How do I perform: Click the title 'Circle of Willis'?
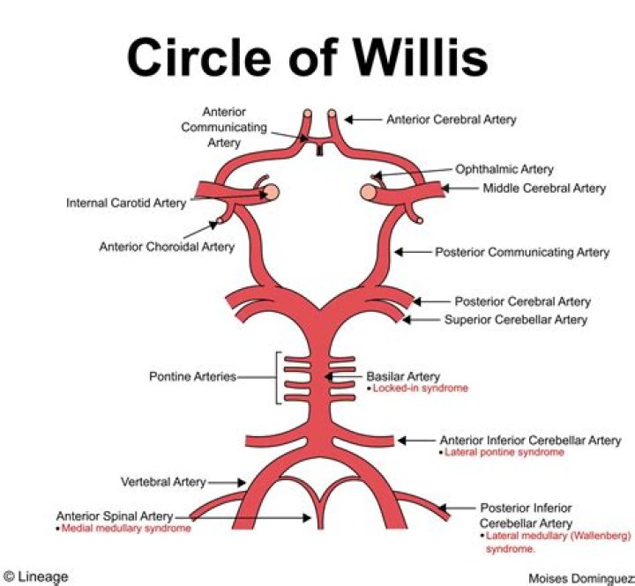point(306,57)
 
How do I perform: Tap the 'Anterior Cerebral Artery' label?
point(451,119)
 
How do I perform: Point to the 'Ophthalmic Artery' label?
point(504,169)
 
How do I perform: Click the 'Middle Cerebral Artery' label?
point(543,188)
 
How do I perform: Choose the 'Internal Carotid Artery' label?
point(126,203)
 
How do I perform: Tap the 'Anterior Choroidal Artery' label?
point(167,247)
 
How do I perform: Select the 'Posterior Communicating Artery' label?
point(521,252)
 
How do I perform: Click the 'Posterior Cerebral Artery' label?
point(522,301)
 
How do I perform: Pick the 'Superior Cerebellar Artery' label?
point(515,319)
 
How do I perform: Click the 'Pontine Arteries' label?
point(192,376)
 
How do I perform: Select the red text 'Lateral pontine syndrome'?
point(503,452)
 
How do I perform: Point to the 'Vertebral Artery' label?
point(162,482)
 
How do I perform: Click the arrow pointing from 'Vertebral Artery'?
point(228,482)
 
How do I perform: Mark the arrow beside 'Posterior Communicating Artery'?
point(409,252)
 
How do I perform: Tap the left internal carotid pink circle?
point(273,191)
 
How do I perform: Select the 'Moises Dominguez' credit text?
point(579,577)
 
